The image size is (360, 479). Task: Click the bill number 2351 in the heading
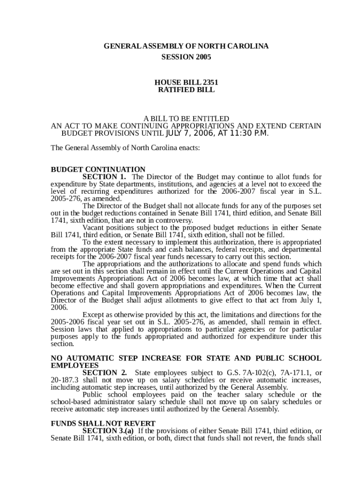click(210, 82)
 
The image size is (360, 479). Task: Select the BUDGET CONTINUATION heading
click(98, 169)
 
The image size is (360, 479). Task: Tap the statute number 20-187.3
click(65, 380)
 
